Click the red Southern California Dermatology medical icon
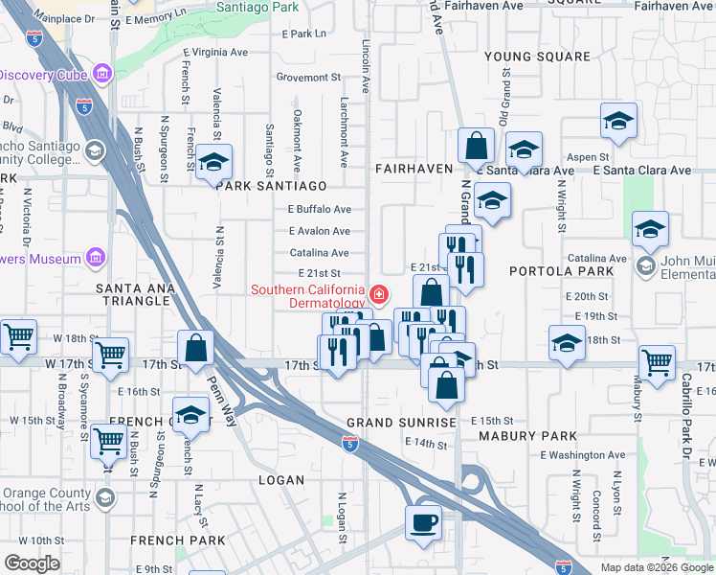(x=380, y=293)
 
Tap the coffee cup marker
(x=423, y=522)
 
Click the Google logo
(x=32, y=563)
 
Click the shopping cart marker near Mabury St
(x=657, y=362)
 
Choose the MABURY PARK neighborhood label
(x=545, y=436)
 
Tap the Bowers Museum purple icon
(x=94, y=257)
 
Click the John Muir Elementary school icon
(x=647, y=265)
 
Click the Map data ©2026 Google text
(x=657, y=567)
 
